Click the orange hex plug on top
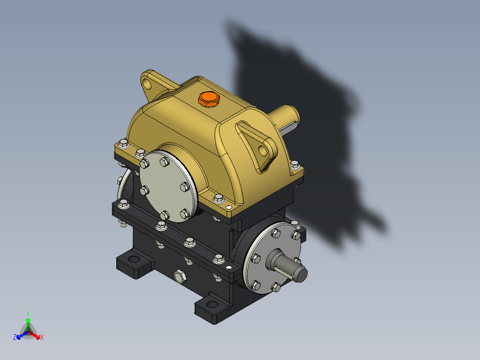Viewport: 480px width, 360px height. click(x=208, y=99)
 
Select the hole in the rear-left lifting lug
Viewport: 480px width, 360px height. click(x=147, y=82)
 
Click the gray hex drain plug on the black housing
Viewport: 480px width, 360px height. click(x=180, y=277)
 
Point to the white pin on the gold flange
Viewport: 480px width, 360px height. click(x=228, y=208)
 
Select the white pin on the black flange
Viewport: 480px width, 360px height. click(x=229, y=267)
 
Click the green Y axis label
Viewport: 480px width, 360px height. click(x=28, y=313)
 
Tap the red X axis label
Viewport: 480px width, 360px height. click(x=41, y=337)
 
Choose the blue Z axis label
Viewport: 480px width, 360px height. click(x=15, y=337)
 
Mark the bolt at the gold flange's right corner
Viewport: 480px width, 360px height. click(x=294, y=165)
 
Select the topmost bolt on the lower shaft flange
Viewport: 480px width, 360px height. click(x=275, y=233)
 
